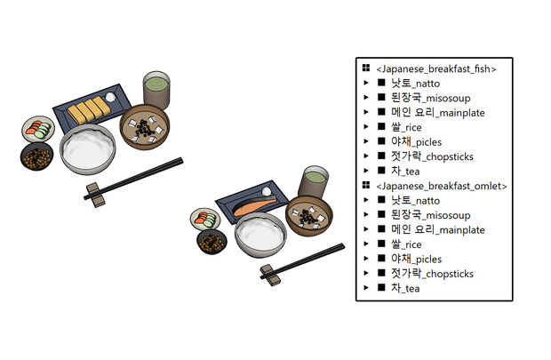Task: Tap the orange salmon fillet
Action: (254, 206)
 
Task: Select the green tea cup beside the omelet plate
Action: (156, 90)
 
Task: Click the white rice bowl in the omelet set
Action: (87, 149)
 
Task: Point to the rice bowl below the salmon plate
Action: (260, 235)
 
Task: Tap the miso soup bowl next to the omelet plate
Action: (145, 126)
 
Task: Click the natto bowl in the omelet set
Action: (37, 156)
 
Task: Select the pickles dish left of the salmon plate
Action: (205, 219)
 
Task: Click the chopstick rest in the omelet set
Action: (95, 195)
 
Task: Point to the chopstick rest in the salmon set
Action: (270, 275)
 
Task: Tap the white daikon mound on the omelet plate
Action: (110, 96)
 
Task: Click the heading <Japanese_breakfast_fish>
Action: (436, 69)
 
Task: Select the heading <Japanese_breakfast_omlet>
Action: (442, 186)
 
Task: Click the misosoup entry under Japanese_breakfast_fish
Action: (430, 98)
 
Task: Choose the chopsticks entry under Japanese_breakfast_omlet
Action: (432, 274)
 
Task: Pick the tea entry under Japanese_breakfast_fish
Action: (405, 172)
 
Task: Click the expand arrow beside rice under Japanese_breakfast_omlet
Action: (366, 244)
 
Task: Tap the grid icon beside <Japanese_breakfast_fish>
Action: (366, 68)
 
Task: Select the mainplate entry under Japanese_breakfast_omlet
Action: (438, 229)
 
